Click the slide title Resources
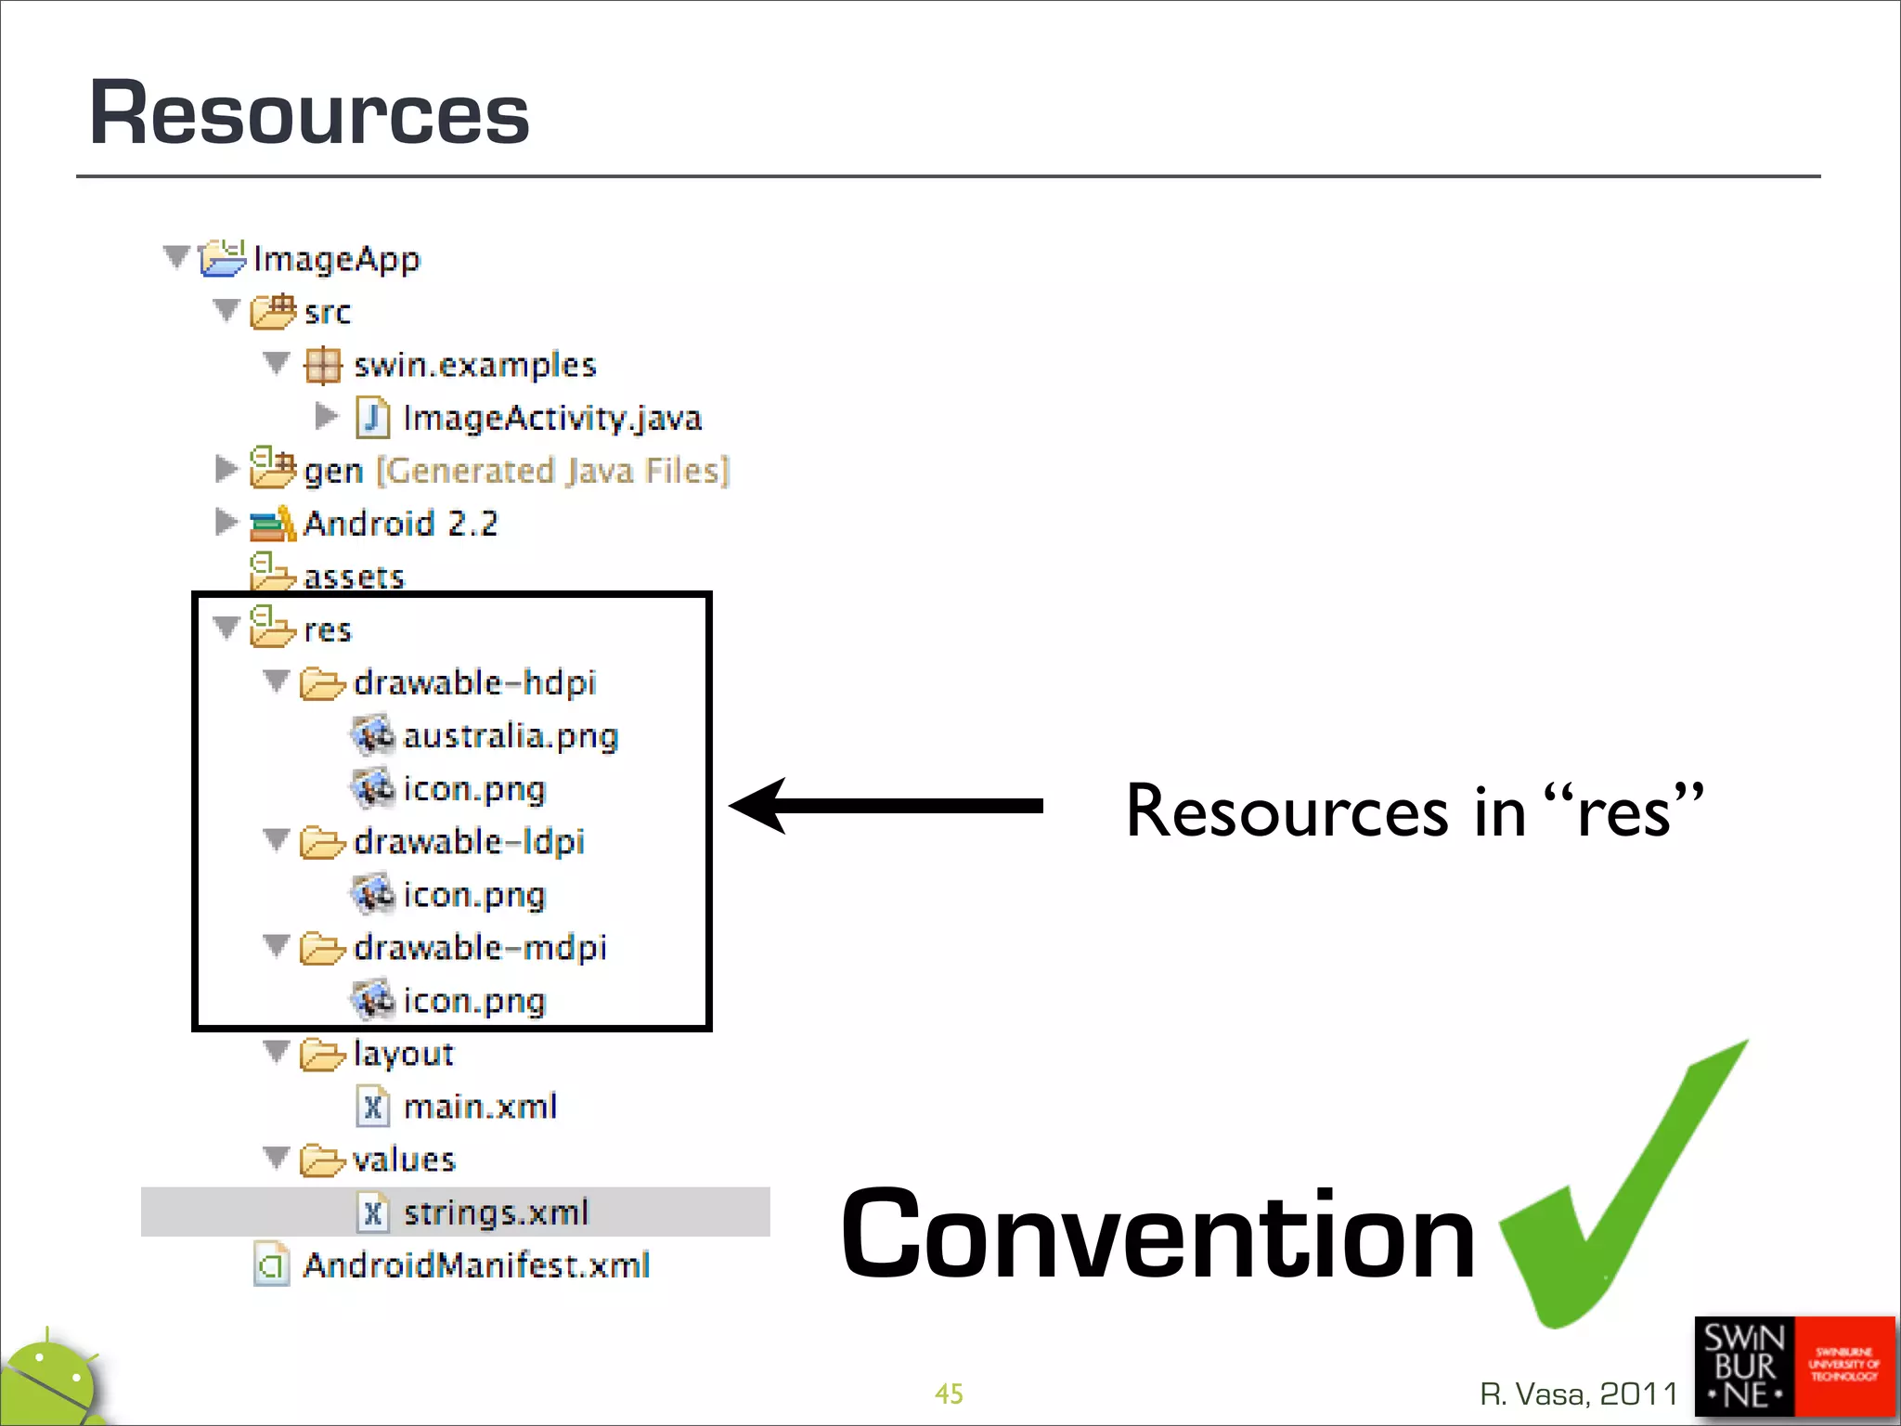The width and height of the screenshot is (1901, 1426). tap(309, 113)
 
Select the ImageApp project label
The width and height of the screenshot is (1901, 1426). tap(336, 258)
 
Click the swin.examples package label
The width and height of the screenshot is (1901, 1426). tap(474, 365)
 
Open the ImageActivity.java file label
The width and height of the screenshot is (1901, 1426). tap(552, 418)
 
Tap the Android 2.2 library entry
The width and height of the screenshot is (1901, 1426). tap(400, 524)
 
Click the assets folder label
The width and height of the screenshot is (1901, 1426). tap(354, 577)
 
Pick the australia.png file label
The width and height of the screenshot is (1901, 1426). tap(511, 736)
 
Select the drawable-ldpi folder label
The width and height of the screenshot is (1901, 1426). tap(469, 842)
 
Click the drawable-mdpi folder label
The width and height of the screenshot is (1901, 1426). tap(480, 948)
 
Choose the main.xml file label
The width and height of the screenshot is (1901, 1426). tap(480, 1107)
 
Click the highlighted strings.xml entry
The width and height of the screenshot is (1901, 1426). tap(496, 1212)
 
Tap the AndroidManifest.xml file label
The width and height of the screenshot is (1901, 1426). tap(476, 1265)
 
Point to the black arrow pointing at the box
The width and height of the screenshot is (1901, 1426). tap(886, 806)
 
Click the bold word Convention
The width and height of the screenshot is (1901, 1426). tap(1157, 1235)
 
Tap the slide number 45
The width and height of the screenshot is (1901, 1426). tap(949, 1394)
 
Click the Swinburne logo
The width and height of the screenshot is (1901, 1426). tap(1793, 1367)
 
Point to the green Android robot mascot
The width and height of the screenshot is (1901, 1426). tap(51, 1383)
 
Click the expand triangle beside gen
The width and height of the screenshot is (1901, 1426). tap(225, 470)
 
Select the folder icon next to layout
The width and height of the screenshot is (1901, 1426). tap(322, 1055)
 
